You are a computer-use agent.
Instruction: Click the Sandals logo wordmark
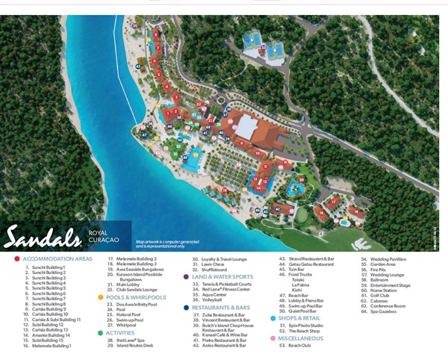point(42,237)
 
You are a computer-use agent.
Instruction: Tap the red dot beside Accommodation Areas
point(16,258)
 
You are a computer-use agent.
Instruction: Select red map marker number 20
point(301,179)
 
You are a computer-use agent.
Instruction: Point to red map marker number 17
point(333,202)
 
